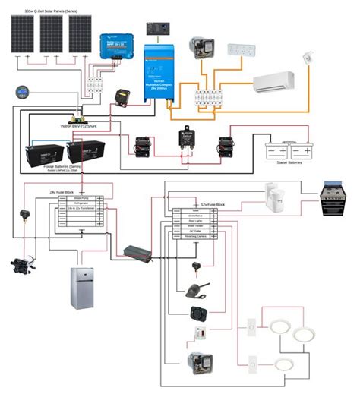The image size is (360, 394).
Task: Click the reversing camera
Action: click(x=194, y=289)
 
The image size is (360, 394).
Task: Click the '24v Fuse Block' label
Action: click(x=62, y=194)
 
